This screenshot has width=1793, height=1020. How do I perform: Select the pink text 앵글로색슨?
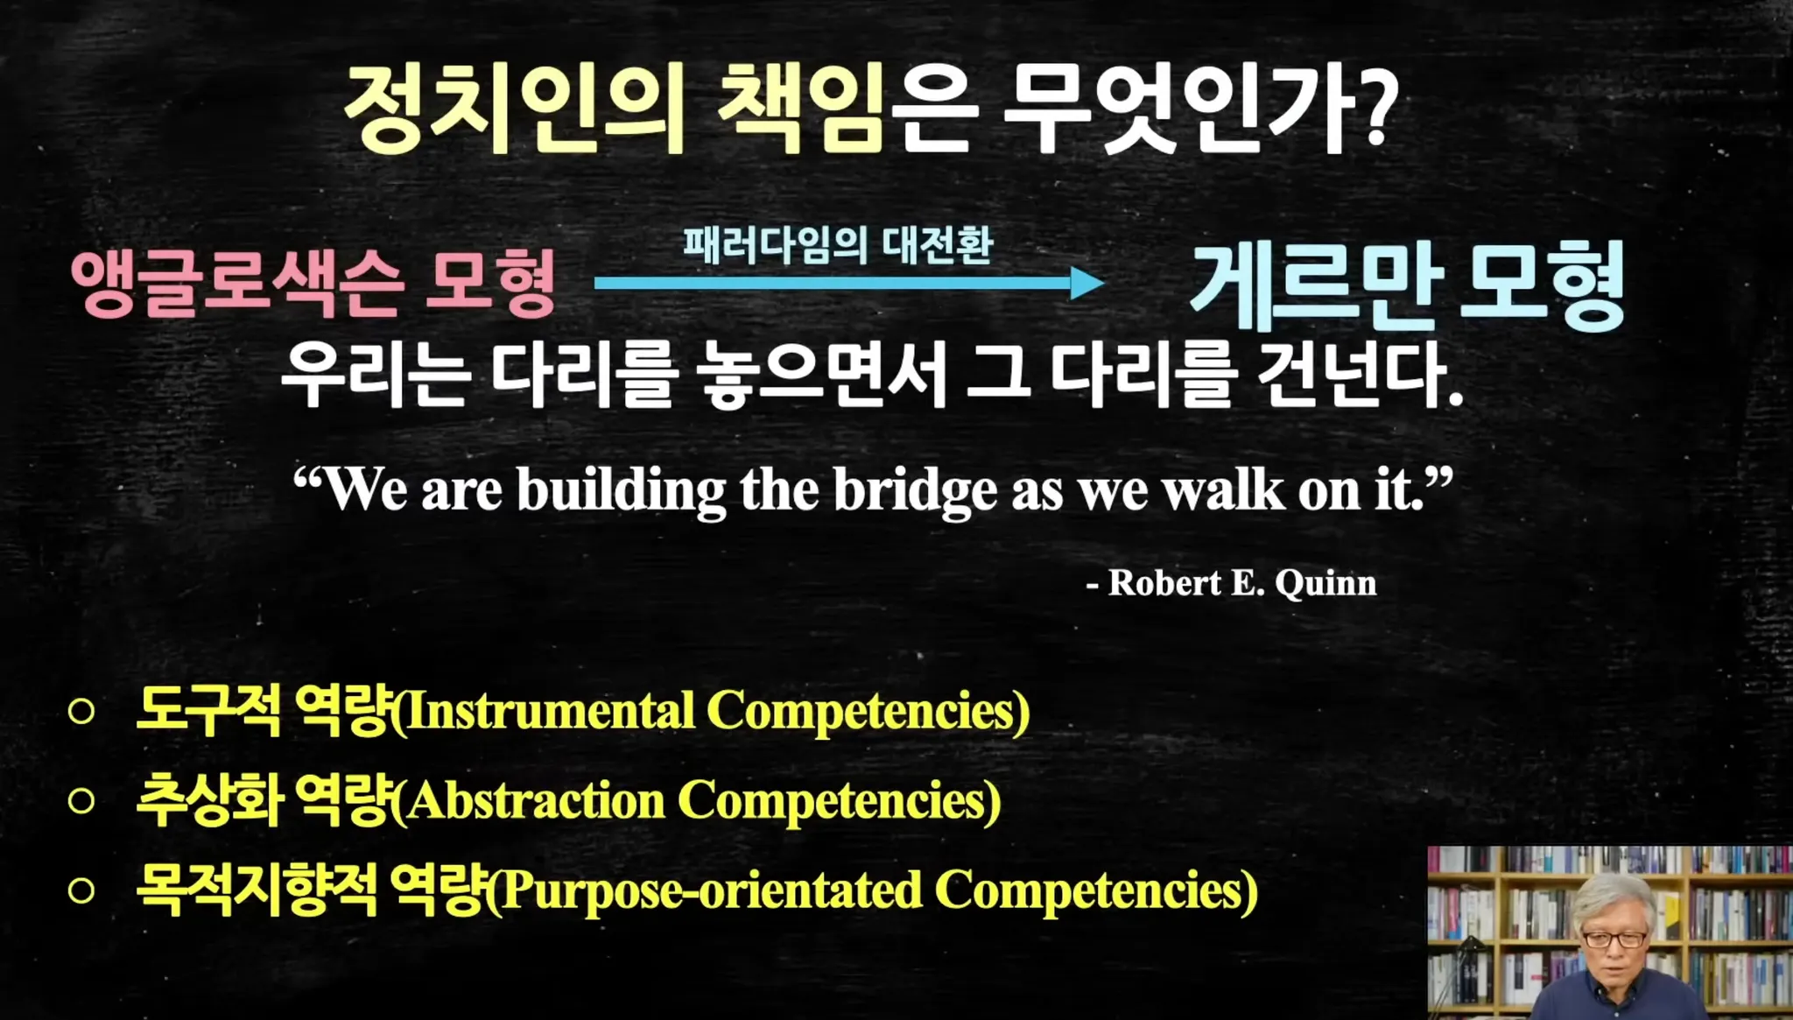[x=237, y=282]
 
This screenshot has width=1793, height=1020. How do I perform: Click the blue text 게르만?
[x=1317, y=285]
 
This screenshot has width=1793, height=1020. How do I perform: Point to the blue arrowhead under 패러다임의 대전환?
[x=1087, y=283]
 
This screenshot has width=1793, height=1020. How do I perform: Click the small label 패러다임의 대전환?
[x=838, y=244]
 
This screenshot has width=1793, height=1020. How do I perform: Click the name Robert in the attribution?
[x=1164, y=582]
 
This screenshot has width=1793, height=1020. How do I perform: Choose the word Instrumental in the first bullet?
[x=551, y=710]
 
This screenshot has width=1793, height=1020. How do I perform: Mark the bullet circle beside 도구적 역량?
[x=81, y=711]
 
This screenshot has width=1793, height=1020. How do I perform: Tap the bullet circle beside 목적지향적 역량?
[x=81, y=890]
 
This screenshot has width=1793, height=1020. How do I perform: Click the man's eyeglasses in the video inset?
[x=1614, y=939]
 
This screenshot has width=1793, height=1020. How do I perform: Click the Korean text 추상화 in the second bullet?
[x=209, y=800]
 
